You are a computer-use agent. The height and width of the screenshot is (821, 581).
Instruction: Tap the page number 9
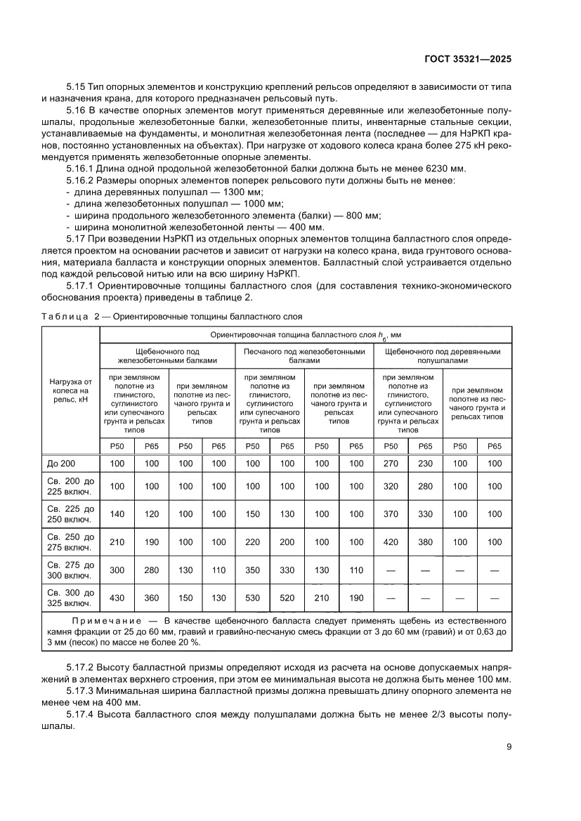pyautogui.click(x=509, y=747)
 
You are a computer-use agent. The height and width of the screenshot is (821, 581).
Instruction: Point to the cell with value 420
pyautogui.click(x=391, y=541)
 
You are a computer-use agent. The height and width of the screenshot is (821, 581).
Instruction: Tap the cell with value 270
pyautogui.click(x=391, y=464)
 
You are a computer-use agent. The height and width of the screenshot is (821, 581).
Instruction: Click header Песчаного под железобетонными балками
pyautogui.click(x=304, y=355)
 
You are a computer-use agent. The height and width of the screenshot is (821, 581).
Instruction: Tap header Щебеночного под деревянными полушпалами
pyautogui.click(x=443, y=355)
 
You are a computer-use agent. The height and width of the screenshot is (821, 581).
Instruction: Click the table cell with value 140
pyautogui.click(x=117, y=514)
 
